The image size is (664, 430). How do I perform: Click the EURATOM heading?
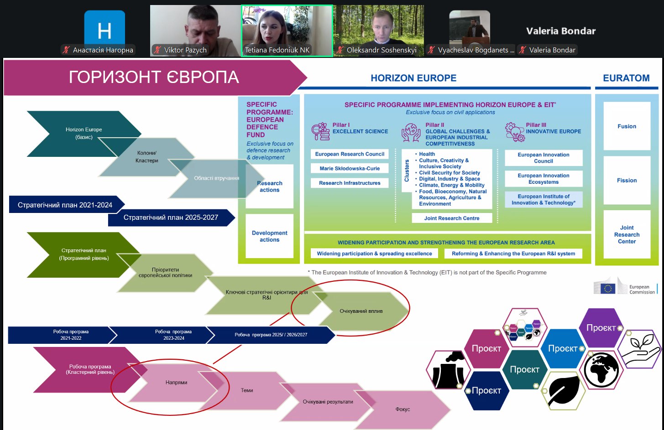tap(626, 78)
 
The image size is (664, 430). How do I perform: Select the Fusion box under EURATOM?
tap(627, 126)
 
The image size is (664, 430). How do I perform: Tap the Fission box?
tap(627, 181)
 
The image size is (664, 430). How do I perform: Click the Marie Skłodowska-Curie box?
tap(350, 169)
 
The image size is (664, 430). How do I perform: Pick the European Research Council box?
tap(350, 154)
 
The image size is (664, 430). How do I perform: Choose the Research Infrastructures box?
tap(350, 183)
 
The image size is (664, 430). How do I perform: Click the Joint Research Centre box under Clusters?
tap(452, 218)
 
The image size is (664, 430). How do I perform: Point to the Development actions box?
tap(269, 236)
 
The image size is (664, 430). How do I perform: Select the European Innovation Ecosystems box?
tap(544, 179)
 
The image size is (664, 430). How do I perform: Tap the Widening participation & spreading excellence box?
tap(374, 254)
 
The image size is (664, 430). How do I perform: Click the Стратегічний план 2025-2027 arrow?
tap(171, 218)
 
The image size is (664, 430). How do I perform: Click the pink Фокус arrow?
tap(403, 409)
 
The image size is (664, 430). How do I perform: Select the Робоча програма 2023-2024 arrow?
tap(173, 335)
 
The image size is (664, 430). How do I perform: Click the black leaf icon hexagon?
tap(564, 390)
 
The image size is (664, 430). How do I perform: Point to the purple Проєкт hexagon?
tap(601, 328)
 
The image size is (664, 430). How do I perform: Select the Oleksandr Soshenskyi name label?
tap(381, 50)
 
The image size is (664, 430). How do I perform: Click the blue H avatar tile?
tap(105, 30)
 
